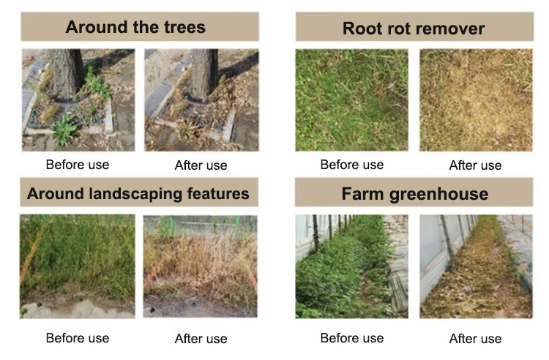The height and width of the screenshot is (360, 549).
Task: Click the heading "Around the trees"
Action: [x=135, y=28]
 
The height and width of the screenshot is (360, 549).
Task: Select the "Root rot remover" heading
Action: [x=414, y=29]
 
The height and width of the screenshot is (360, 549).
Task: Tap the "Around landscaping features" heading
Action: [x=138, y=194]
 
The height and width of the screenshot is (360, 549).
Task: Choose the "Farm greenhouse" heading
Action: [x=414, y=195]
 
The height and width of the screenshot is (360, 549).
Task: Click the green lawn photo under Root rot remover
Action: [x=351, y=100]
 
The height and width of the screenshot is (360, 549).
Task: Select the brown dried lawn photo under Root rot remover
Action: [x=476, y=100]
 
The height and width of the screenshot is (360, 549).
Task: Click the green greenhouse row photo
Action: [x=351, y=266]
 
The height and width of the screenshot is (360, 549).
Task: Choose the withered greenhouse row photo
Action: [x=476, y=266]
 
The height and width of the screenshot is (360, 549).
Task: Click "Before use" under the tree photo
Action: [x=78, y=165]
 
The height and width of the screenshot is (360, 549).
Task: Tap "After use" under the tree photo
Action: [x=201, y=165]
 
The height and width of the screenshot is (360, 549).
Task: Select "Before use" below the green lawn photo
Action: [x=351, y=165]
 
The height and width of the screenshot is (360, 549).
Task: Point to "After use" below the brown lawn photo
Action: [x=476, y=165]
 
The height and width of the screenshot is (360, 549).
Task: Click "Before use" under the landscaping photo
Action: [x=78, y=338]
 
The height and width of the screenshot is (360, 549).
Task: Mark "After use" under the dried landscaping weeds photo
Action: [x=201, y=339]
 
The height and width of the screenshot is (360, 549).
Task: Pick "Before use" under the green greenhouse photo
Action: [x=351, y=338]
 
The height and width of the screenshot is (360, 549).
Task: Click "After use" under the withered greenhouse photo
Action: [x=476, y=339]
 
